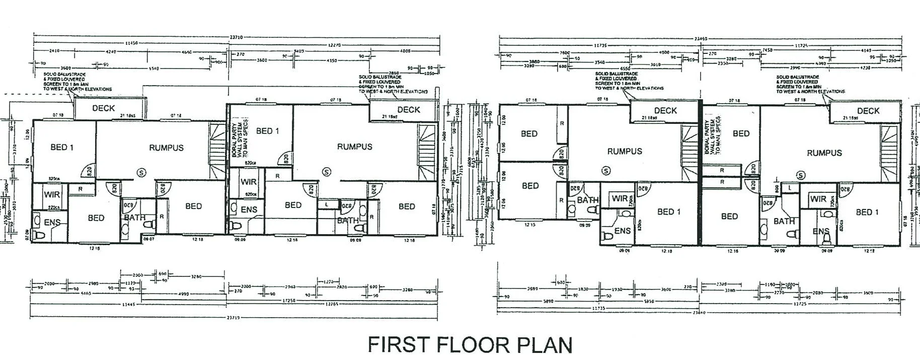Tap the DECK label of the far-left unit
(x=104, y=108)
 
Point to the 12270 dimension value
(x=334, y=45)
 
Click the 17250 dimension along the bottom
(x=287, y=301)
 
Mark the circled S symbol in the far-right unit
(x=800, y=175)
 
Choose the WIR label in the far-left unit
(x=51, y=194)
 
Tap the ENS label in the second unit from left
(x=249, y=209)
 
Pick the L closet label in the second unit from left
(x=327, y=204)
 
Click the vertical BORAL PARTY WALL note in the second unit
(x=240, y=137)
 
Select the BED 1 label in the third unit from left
(x=669, y=211)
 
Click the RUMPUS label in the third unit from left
(x=625, y=151)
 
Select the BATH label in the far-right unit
(x=784, y=221)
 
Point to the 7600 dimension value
(x=564, y=52)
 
